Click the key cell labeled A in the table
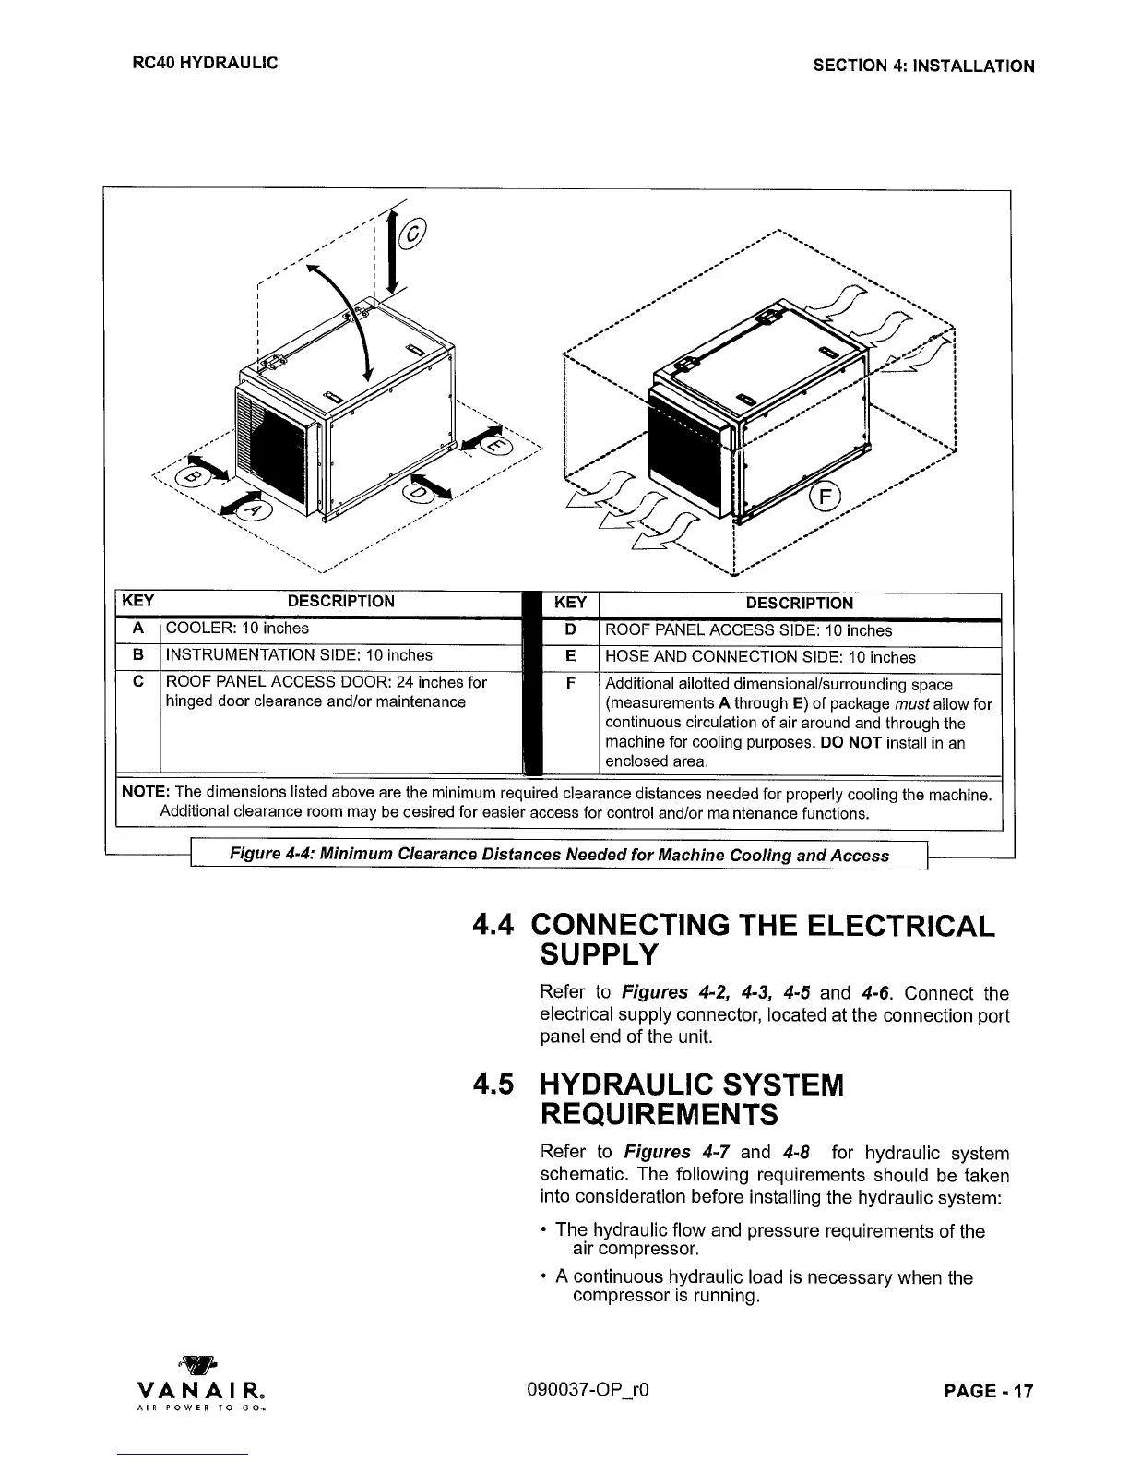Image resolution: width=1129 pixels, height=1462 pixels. (137, 629)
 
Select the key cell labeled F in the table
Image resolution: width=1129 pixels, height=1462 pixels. (570, 684)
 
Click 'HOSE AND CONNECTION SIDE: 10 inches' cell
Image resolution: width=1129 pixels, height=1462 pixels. (760, 657)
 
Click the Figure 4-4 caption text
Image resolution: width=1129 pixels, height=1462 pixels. (559, 856)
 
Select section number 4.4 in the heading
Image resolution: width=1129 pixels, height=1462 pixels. (497, 926)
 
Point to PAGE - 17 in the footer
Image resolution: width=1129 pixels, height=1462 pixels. (989, 1391)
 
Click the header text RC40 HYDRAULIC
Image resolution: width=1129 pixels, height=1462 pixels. (205, 64)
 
